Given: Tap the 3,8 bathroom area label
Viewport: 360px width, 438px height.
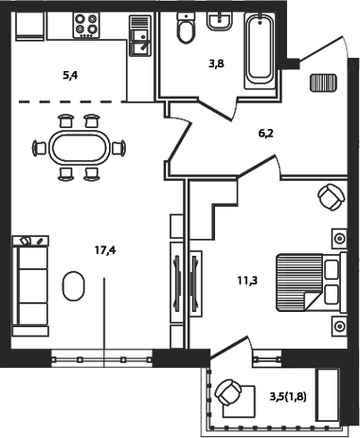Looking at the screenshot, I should (x=217, y=66).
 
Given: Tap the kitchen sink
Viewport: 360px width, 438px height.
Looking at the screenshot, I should (x=139, y=37).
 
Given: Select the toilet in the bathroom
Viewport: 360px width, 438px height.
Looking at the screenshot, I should (x=185, y=31).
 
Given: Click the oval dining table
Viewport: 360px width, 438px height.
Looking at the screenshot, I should (x=78, y=147).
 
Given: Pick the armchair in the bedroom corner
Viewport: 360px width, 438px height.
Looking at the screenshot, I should (x=330, y=197).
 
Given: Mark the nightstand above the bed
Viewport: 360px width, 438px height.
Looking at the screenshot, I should (x=338, y=236).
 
